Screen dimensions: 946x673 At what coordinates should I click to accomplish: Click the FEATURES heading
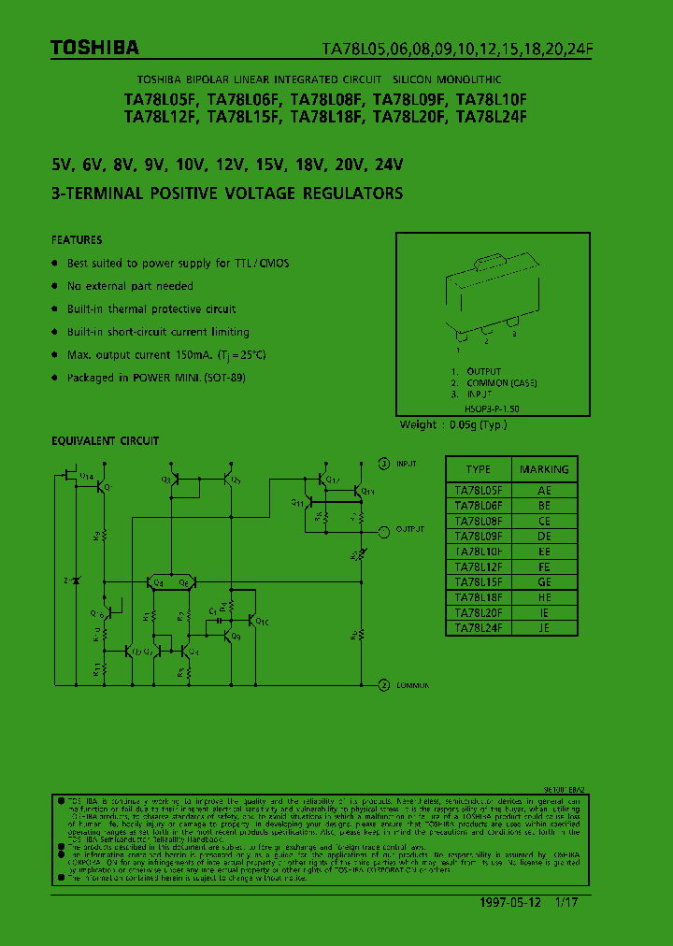[x=77, y=240]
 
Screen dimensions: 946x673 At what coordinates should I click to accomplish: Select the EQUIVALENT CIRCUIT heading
[x=105, y=440]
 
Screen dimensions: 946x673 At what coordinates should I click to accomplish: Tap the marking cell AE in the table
[x=544, y=490]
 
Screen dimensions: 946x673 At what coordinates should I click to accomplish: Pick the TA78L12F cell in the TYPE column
[x=478, y=566]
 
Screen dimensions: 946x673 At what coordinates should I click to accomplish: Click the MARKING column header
[x=544, y=469]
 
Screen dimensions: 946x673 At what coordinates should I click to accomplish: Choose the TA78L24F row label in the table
[x=478, y=628]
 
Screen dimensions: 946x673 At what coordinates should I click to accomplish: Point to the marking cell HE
[x=544, y=597]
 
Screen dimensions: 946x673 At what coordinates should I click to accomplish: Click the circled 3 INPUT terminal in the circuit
[x=383, y=463]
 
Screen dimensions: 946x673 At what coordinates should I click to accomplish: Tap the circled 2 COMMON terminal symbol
[x=383, y=685]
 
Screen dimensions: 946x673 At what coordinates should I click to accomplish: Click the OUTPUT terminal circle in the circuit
[x=383, y=530]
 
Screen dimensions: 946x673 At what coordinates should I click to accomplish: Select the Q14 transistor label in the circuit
[x=87, y=477]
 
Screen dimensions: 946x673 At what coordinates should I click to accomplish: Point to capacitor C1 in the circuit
[x=214, y=612]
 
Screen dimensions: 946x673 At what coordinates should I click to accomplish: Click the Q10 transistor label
[x=262, y=622]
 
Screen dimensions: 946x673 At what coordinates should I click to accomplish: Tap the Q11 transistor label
[x=296, y=502]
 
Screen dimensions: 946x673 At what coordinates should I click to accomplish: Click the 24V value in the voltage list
[x=387, y=165]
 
